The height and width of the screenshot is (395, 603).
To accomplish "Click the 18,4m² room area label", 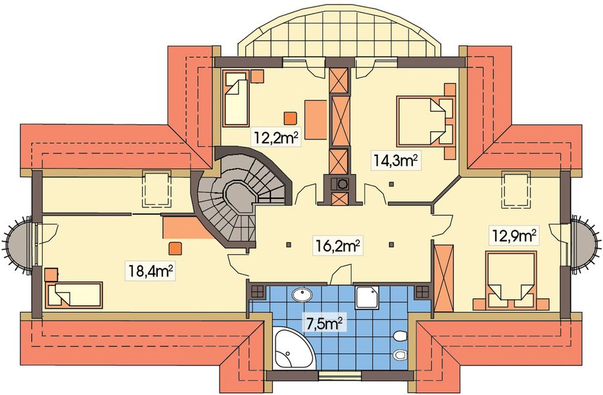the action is click(151, 272).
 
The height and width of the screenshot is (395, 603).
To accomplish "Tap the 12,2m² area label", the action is click(276, 136).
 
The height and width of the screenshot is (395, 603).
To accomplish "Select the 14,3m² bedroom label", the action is click(395, 161).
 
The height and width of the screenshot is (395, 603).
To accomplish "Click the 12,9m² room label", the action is click(513, 235).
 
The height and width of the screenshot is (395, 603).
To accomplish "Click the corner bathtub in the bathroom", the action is click(294, 348).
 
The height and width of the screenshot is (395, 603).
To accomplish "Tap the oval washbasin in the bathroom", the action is click(302, 296).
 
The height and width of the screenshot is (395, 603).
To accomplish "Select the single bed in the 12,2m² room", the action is click(235, 98).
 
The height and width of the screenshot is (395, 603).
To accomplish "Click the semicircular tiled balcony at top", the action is click(339, 33).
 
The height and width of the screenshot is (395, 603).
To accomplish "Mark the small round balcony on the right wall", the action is click(585, 245).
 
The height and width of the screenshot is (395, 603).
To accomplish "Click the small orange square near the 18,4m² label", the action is click(176, 248).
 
